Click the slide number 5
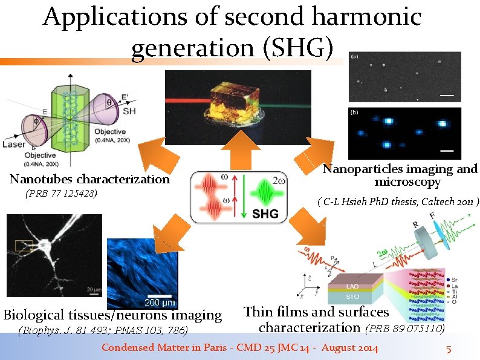[449, 349]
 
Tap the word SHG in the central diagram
[265, 214]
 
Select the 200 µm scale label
[160, 302]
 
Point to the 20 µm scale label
[93, 290]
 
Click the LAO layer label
[352, 286]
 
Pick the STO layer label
[352, 296]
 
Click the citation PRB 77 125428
[62, 194]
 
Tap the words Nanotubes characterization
[89, 179]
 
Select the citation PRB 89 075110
[405, 329]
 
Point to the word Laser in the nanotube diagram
[13, 145]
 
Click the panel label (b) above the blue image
[354, 112]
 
